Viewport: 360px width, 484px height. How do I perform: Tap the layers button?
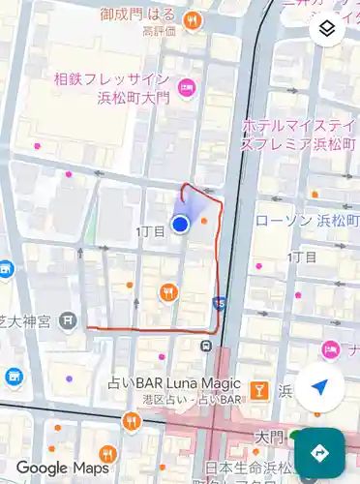(328, 29)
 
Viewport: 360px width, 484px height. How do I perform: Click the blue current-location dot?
(180, 225)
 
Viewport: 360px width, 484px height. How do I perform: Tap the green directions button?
(320, 452)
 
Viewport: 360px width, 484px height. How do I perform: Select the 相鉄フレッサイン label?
(112, 78)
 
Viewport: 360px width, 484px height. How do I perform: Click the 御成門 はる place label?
(137, 16)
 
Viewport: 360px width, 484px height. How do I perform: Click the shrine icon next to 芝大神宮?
(67, 318)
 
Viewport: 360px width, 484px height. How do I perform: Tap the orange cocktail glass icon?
(258, 390)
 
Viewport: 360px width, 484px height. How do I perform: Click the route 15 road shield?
(221, 303)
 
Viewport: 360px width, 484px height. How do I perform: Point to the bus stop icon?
(206, 346)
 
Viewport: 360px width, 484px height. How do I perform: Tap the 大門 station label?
(268, 439)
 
